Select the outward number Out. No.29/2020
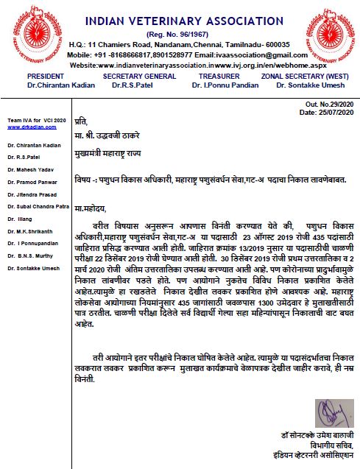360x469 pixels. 328,105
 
